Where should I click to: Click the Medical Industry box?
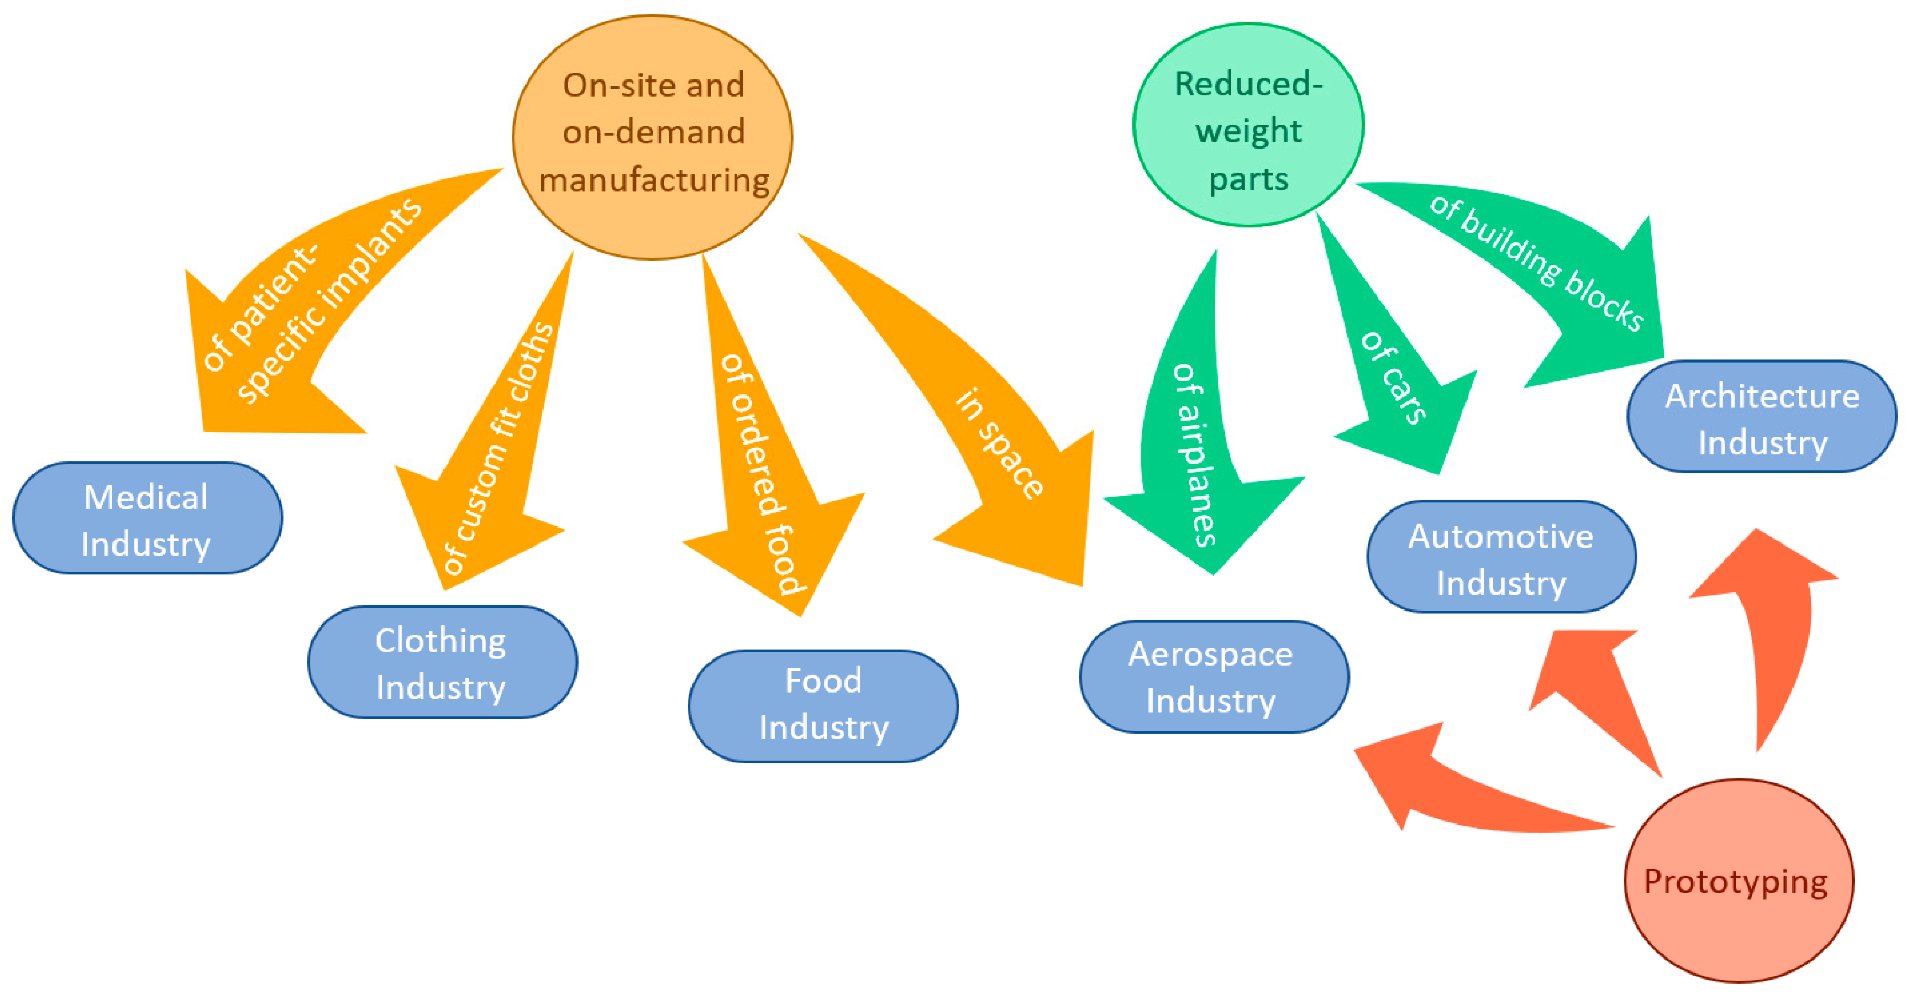pyautogui.click(x=147, y=518)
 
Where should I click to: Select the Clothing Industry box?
pyautogui.click(x=442, y=663)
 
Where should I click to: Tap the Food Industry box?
pyautogui.click(x=823, y=706)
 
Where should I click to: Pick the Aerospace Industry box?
pyautogui.click(x=1213, y=677)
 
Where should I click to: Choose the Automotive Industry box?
pyautogui.click(x=1501, y=557)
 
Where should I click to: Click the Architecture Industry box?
pyautogui.click(x=1762, y=417)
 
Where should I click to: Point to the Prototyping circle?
pyautogui.click(x=1738, y=881)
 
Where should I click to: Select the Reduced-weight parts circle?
pyautogui.click(x=1248, y=126)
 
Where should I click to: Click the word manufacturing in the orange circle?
pyautogui.click(x=654, y=180)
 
